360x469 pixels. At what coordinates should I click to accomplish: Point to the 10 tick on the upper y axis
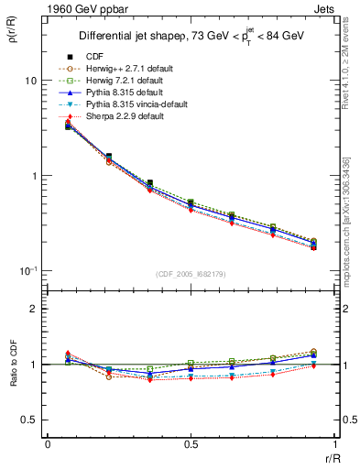point(28,81)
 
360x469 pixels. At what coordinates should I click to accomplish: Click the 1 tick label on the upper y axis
point(32,176)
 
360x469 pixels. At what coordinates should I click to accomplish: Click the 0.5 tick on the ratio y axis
point(27,420)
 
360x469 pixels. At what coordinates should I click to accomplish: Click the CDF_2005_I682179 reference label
point(191,274)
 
